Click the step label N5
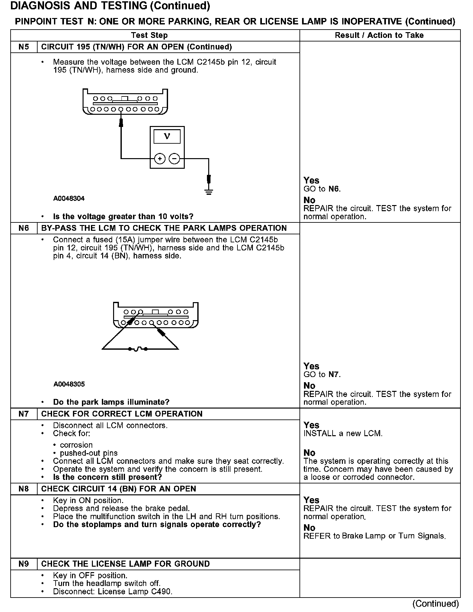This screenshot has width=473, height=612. pyautogui.click(x=24, y=47)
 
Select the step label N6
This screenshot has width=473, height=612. pyautogui.click(x=24, y=228)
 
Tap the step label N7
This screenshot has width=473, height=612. pyautogui.click(x=24, y=414)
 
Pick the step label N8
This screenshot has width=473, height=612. pyautogui.click(x=24, y=489)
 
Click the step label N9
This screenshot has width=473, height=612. pyautogui.click(x=24, y=564)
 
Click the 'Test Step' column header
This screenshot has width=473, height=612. pyautogui.click(x=149, y=35)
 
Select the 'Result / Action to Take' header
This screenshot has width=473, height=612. pyautogui.click(x=379, y=35)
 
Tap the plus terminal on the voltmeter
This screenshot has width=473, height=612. pyautogui.click(x=160, y=158)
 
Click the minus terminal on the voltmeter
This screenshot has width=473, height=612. pyautogui.click(x=174, y=158)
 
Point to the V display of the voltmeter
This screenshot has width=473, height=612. pyautogui.click(x=167, y=136)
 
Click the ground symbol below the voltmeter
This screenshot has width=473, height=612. pyautogui.click(x=209, y=192)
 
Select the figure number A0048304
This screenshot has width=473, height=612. pyautogui.click(x=69, y=199)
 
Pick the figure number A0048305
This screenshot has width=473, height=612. pyautogui.click(x=69, y=384)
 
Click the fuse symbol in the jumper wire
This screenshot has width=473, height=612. pyautogui.click(x=138, y=349)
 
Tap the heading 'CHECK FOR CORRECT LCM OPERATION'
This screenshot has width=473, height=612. pyautogui.click(x=122, y=414)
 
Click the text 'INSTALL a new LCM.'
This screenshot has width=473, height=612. pyautogui.click(x=343, y=433)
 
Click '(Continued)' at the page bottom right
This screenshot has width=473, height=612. pyautogui.click(x=436, y=604)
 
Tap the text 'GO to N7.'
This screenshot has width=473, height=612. pyautogui.click(x=322, y=374)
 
